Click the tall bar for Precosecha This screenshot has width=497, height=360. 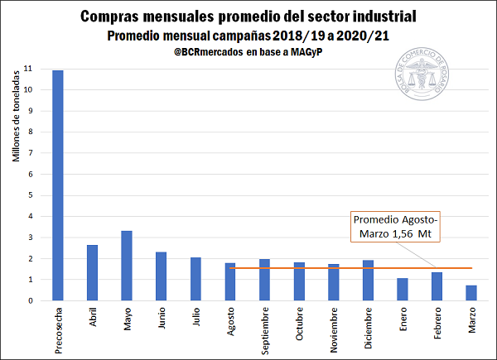tap(58, 185)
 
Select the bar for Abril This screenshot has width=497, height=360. tap(93, 273)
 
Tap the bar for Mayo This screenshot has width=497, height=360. tap(127, 266)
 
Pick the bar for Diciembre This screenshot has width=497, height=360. tap(368, 281)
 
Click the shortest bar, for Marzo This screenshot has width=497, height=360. tap(470, 293)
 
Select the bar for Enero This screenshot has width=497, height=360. tap(402, 290)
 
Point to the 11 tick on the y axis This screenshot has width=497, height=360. tap(29, 69)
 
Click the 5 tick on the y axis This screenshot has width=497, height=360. tap(30, 195)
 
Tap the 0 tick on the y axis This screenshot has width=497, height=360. tap(30, 300)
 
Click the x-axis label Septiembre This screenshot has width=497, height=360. tap(265, 331)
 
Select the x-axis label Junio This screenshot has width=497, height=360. tap(162, 320)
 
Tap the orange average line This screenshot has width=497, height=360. tap(315, 268)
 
